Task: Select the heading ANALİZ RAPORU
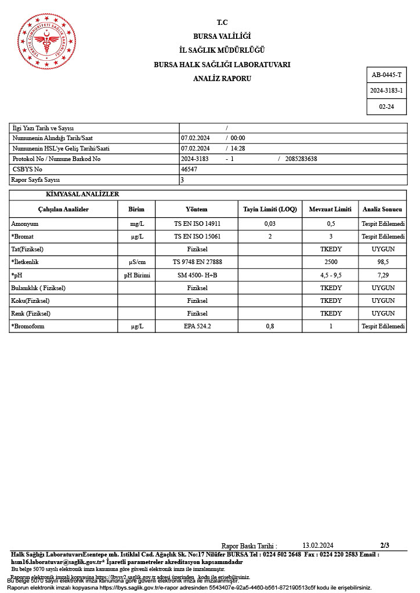pyautogui.click(x=222, y=78)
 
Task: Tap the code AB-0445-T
pyautogui.click(x=386, y=75)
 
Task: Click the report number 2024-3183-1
pyautogui.click(x=386, y=91)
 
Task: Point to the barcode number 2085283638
pyautogui.click(x=301, y=159)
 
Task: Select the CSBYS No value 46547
pyautogui.click(x=189, y=169)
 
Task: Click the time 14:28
pyautogui.click(x=238, y=148)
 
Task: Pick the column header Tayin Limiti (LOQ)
pyautogui.click(x=270, y=209)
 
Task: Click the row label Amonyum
pyautogui.click(x=25, y=224)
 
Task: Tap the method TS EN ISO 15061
pyautogui.click(x=197, y=236)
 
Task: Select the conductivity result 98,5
pyautogui.click(x=383, y=262)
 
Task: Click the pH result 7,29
pyautogui.click(x=383, y=274)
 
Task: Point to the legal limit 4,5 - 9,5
pyautogui.click(x=331, y=274)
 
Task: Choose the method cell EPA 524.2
pyautogui.click(x=197, y=326)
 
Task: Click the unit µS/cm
pyautogui.click(x=136, y=262)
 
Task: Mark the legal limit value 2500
pyautogui.click(x=331, y=262)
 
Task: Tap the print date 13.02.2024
pyautogui.click(x=318, y=545)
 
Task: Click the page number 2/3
pyautogui.click(x=385, y=545)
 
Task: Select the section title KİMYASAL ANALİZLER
pyautogui.click(x=82, y=195)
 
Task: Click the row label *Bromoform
pyautogui.click(x=28, y=326)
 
